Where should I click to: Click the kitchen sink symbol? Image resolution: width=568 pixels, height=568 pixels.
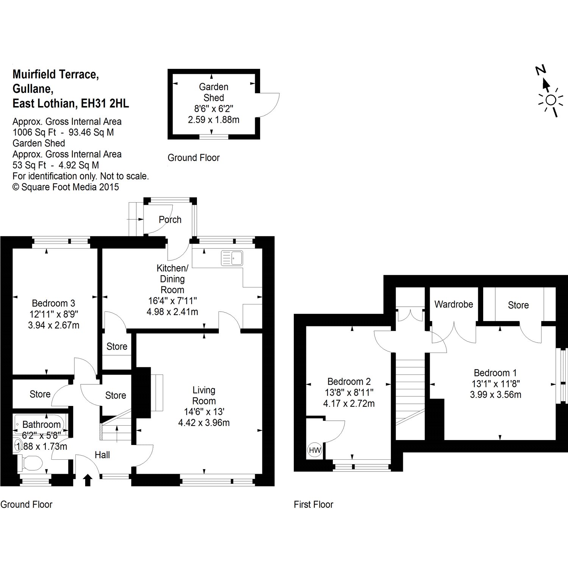coord(232,258)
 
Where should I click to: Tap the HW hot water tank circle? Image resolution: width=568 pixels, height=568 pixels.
coord(315,450)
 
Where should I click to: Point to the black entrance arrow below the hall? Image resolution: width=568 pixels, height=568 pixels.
coord(88,480)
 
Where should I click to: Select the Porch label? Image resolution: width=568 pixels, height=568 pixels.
coord(170,220)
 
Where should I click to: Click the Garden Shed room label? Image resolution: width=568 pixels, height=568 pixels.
coord(214,92)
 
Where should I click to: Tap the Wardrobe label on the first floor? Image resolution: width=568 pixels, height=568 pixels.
coord(454,304)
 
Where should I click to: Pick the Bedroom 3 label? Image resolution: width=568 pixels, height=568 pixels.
coord(53,303)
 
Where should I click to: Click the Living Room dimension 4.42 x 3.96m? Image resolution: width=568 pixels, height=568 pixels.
coord(204,423)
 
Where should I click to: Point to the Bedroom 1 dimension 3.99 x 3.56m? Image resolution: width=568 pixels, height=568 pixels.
coord(495,395)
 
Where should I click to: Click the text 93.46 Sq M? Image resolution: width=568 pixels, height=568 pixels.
coord(90,133)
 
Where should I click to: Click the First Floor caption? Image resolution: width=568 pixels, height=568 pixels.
coord(313,504)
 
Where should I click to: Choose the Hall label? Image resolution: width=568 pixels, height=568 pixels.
coord(102,455)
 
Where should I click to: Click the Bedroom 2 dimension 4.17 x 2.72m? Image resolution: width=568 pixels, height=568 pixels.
coord(349,404)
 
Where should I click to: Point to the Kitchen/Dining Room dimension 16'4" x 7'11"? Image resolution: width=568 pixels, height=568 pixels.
coord(172,301)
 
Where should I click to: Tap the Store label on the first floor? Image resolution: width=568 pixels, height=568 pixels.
coord(518,305)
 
